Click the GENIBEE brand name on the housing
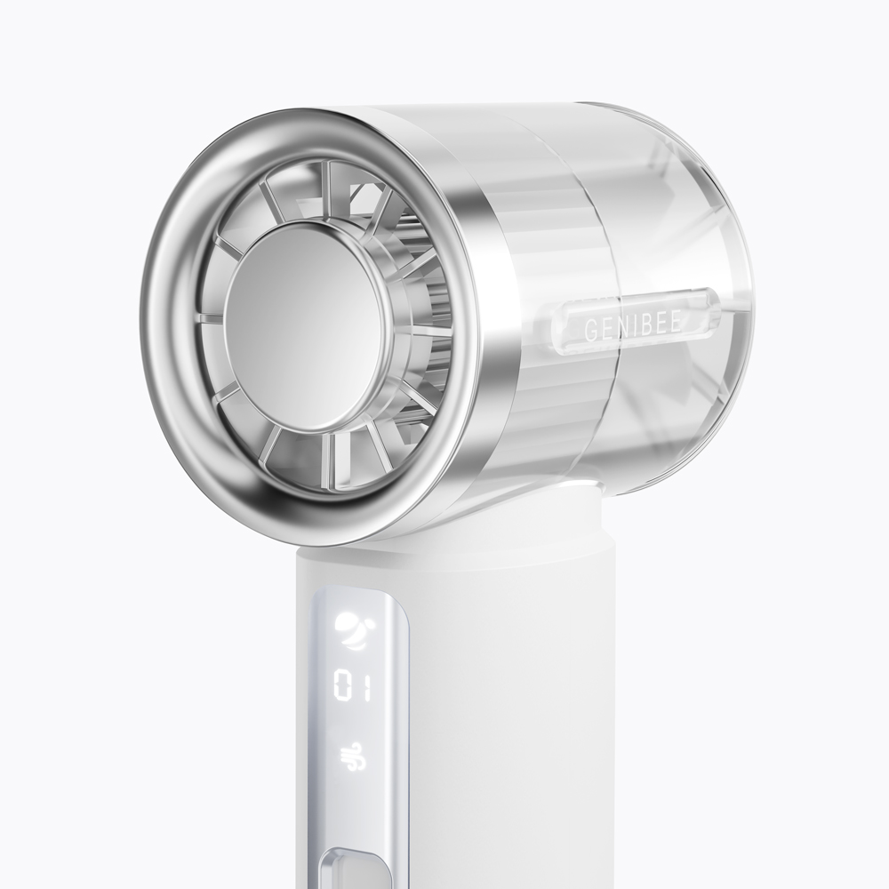[x=632, y=327]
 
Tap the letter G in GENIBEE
[x=590, y=332]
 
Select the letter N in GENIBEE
[x=619, y=328]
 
